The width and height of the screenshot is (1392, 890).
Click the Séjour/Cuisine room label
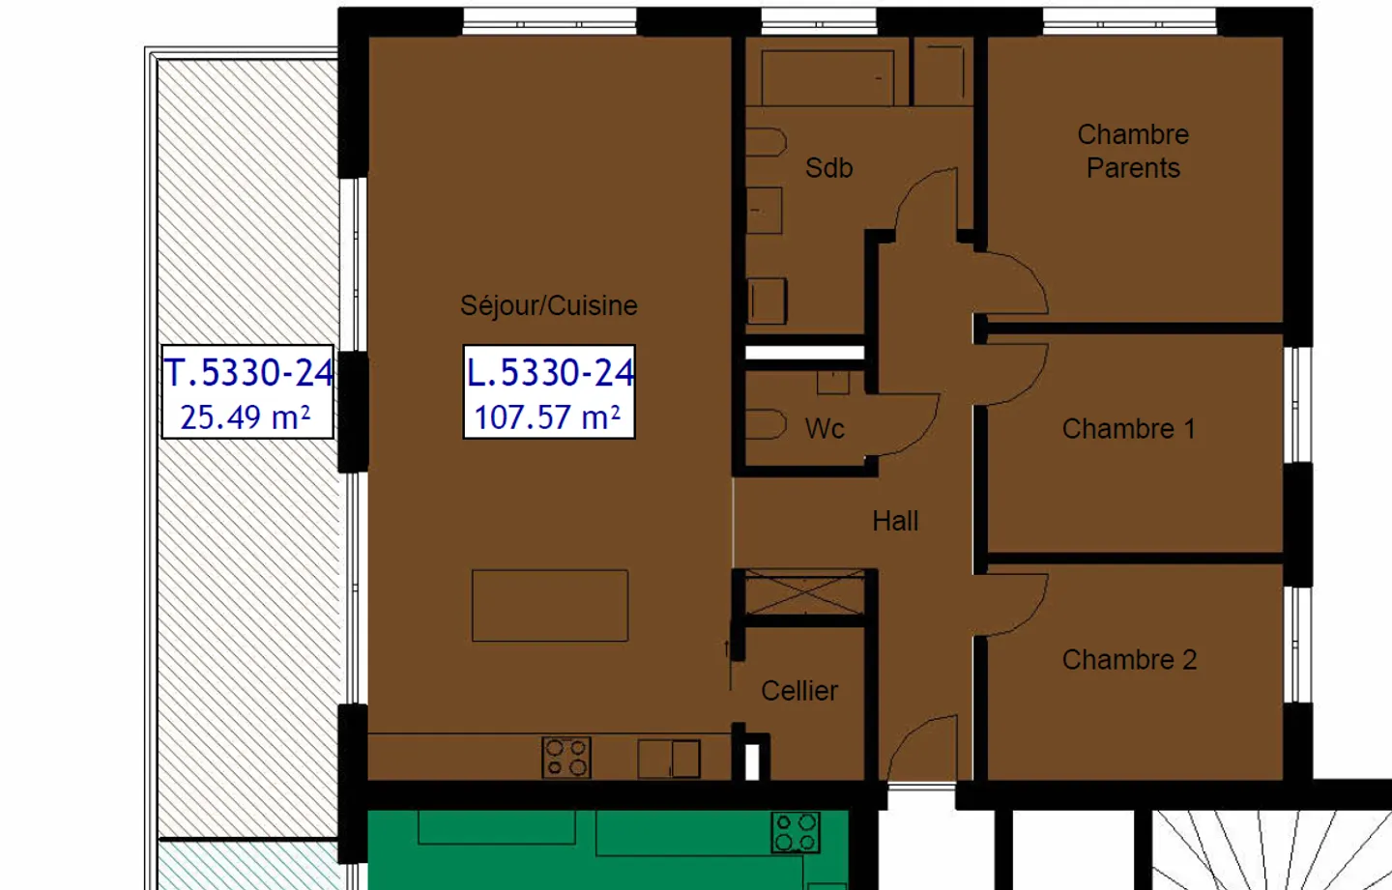coord(548,305)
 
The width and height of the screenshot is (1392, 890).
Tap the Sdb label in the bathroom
coord(828,168)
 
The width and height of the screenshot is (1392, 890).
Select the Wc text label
coord(825,429)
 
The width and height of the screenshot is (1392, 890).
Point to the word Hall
coord(895,522)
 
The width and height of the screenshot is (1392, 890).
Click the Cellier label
coord(799,691)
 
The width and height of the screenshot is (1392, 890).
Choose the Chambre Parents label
coord(1133,151)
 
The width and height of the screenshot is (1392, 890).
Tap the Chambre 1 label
coord(1128,429)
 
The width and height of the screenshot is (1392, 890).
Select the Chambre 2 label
coord(1129,660)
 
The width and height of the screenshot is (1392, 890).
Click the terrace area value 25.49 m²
coord(246,417)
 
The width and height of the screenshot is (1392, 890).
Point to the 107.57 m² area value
coord(547,417)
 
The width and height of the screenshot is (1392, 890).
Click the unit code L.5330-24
coord(550,372)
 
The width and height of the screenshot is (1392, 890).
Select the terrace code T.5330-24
coord(248,372)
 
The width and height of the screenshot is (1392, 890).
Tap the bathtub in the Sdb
coord(827,77)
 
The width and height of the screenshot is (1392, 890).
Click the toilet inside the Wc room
coord(765,425)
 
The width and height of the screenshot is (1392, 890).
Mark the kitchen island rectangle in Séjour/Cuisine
coord(550,606)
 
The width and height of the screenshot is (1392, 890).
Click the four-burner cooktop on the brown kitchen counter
coord(566,758)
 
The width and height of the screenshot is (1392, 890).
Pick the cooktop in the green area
coord(796,832)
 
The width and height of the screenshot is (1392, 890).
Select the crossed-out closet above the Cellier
coord(804,592)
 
